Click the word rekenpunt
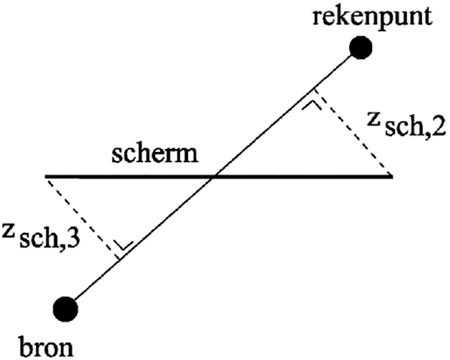click(372, 18)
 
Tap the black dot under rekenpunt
click(361, 47)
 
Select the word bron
click(47, 347)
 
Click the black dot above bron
click(66, 309)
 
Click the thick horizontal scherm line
click(219, 177)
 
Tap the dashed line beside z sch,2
click(353, 132)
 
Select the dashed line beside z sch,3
click(83, 219)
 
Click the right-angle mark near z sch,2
click(312, 104)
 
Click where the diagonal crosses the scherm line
click(214, 177)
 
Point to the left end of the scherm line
click(45, 177)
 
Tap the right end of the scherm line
click(392, 177)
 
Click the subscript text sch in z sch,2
click(404, 128)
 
